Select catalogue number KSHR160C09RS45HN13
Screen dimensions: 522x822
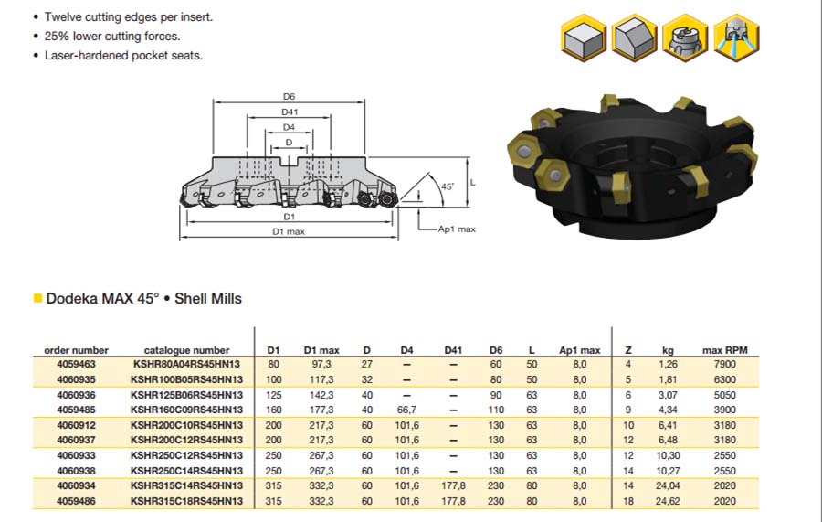click(x=186, y=410)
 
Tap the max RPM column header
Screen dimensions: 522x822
click(x=725, y=350)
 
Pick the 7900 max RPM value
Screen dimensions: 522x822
click(x=725, y=364)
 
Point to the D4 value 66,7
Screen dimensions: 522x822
click(x=407, y=410)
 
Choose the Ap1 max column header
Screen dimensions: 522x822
click(x=579, y=350)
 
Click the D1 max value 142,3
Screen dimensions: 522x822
click(x=321, y=395)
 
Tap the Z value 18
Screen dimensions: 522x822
click(x=628, y=501)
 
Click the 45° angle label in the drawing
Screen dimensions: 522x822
click(x=448, y=186)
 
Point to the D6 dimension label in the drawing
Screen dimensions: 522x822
click(x=289, y=96)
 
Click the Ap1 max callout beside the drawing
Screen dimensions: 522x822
click(x=456, y=229)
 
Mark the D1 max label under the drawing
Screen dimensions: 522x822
click(x=289, y=231)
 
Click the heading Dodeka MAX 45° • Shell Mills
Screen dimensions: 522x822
click(x=143, y=298)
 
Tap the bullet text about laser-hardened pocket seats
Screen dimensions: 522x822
click(x=123, y=55)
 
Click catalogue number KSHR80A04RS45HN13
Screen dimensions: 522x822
click(x=186, y=364)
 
